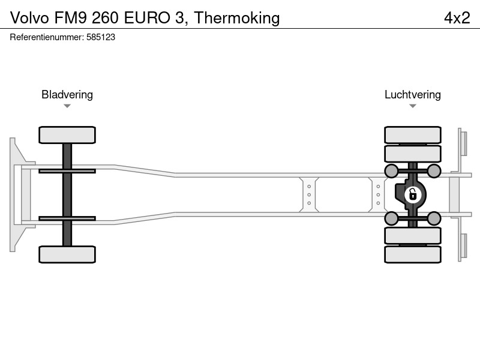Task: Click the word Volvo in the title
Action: [x=29, y=18]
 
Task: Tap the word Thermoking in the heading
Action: [x=237, y=19]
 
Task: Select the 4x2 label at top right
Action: [x=457, y=18]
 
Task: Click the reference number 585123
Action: [x=101, y=37]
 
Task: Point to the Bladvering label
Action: [x=67, y=95]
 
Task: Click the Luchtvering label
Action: [x=413, y=95]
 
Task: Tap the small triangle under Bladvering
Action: [x=67, y=106]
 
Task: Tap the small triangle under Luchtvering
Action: [x=413, y=106]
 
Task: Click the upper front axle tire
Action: [x=67, y=135]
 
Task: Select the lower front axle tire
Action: [x=67, y=254]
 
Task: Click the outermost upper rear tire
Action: [x=413, y=135]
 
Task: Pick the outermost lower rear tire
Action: [x=413, y=254]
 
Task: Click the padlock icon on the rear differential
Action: [x=413, y=194]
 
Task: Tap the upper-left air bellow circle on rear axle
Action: [x=392, y=171]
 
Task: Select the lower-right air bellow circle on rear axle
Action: [x=434, y=218]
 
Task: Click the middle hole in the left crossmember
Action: [x=309, y=194]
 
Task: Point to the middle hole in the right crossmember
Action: [x=378, y=194]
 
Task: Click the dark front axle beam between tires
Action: [x=67, y=194]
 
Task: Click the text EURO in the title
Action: [x=147, y=18]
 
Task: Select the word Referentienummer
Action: [x=47, y=37]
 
